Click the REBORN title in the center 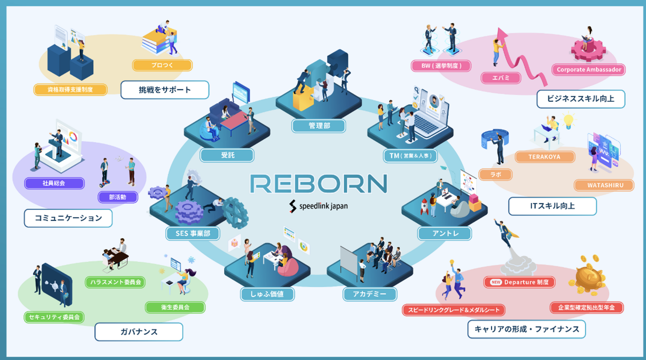319,183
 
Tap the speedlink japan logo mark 292,206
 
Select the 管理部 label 319,126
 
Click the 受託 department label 227,155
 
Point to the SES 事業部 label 192,233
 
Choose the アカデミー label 370,294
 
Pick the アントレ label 445,233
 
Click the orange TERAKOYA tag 545,157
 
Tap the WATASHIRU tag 604,185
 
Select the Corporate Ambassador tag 589,69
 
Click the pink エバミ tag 501,78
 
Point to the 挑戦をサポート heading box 165,90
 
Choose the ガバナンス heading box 139,332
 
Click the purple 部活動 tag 118,197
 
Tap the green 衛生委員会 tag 175,307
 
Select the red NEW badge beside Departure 496,282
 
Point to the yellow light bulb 568,121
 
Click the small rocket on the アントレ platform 424,207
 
